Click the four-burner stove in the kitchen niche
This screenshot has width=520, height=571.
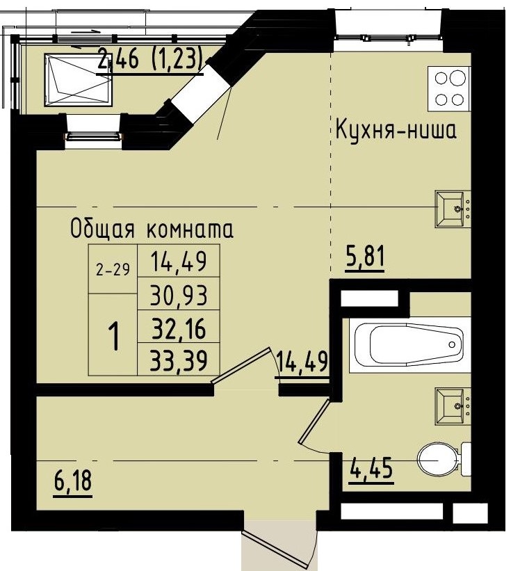[x=449, y=88]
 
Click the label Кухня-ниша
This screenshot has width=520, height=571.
[x=396, y=130]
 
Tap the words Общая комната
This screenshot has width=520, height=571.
[x=151, y=229]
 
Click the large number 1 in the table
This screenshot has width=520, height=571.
[x=113, y=337]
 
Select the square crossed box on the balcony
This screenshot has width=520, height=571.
[x=78, y=79]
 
